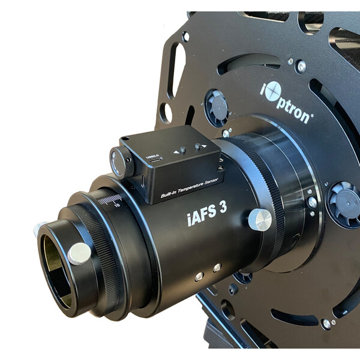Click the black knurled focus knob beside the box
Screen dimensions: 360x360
[x=121, y=162]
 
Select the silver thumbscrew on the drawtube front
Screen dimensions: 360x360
[x=79, y=253]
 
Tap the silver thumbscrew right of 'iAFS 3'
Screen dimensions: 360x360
[x=260, y=220]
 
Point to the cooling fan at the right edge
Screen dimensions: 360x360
[x=344, y=204]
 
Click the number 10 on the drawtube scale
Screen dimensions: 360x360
[x=118, y=205]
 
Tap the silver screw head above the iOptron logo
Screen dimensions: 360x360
[x=301, y=66]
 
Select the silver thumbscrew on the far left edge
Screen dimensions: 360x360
[x=38, y=229]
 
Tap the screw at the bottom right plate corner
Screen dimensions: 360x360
[x=326, y=323]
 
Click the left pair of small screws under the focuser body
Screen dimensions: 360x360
[x=199, y=276]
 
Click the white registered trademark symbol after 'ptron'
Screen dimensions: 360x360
[x=311, y=120]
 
